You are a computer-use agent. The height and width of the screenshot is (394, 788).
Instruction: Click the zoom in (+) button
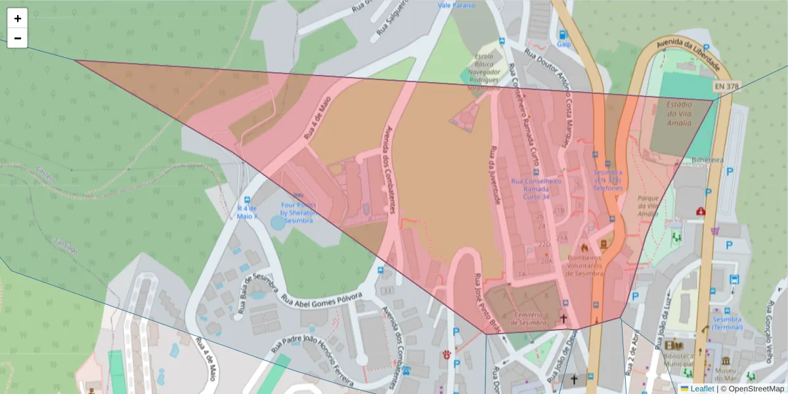point(17,18)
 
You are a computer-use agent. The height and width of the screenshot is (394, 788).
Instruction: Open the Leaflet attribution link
point(701,389)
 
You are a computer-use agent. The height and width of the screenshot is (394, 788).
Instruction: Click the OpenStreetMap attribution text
point(752,389)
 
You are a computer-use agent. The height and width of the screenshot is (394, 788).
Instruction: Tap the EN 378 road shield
point(725,86)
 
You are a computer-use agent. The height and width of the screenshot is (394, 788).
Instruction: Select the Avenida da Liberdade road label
point(689,55)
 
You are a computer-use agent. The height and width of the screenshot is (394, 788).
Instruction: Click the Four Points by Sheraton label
point(299,212)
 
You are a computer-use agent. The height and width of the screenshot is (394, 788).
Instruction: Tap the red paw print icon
point(447,355)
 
